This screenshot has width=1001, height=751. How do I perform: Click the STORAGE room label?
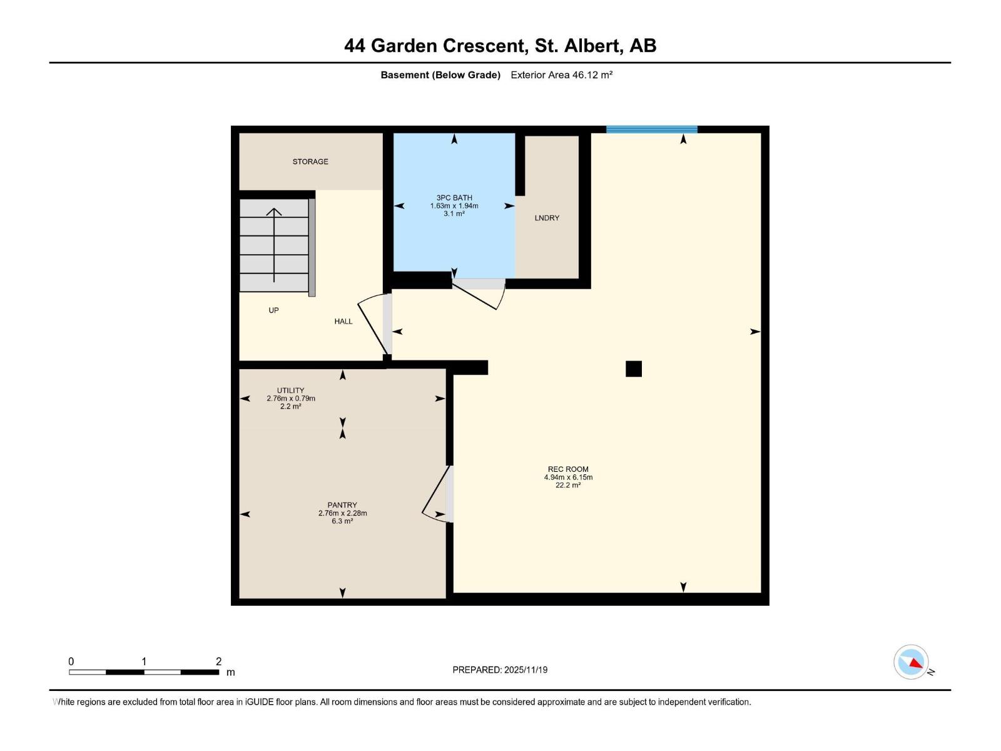click(310, 161)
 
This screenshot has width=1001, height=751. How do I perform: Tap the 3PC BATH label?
click(454, 198)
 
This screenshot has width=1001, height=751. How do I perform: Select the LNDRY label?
click(547, 218)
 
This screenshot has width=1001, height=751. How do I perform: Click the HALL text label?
click(343, 321)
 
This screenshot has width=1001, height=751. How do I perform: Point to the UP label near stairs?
click(273, 310)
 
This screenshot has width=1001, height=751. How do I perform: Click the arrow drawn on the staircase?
click(274, 244)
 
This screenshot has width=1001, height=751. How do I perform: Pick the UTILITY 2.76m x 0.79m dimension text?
click(291, 399)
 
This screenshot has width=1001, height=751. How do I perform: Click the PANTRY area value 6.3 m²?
click(342, 521)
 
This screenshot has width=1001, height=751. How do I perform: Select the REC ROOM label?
click(568, 469)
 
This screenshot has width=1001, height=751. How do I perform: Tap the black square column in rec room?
click(634, 369)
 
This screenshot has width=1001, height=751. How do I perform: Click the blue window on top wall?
click(651, 130)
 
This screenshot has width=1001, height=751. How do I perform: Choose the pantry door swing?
click(437, 494)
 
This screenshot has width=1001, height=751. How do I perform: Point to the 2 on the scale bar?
click(218, 662)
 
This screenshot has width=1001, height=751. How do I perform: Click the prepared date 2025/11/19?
click(525, 670)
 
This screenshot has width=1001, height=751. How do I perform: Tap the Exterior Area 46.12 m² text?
click(561, 75)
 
